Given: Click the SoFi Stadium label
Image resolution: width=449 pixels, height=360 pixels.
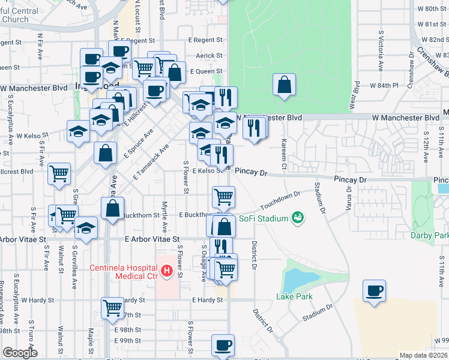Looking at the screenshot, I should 264,218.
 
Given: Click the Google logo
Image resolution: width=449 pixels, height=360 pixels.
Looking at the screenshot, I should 20,353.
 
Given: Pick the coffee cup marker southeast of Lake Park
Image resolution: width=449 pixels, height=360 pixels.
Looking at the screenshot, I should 375,291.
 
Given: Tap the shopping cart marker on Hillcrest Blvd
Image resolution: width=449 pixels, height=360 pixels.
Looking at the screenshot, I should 59,174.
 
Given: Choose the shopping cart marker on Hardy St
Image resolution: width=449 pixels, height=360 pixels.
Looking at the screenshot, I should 112,308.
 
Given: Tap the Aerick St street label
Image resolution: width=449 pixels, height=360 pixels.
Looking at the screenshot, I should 209,56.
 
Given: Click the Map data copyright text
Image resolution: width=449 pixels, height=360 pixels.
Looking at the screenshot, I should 424,355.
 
